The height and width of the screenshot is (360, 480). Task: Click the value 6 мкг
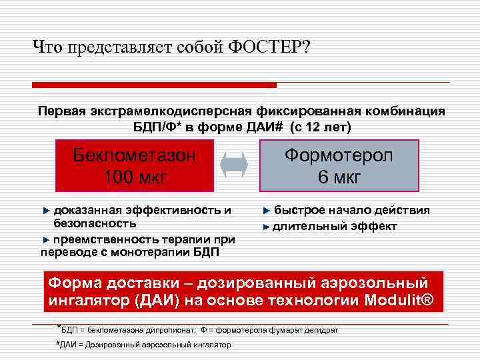(x=339, y=177)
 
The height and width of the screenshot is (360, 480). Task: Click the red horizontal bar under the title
(x=154, y=85)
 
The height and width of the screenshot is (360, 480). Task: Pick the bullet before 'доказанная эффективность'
(x=46, y=211)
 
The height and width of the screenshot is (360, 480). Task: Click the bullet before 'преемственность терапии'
(x=46, y=239)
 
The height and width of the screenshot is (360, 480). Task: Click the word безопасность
(x=90, y=224)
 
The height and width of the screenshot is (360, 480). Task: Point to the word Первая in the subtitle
(x=59, y=111)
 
